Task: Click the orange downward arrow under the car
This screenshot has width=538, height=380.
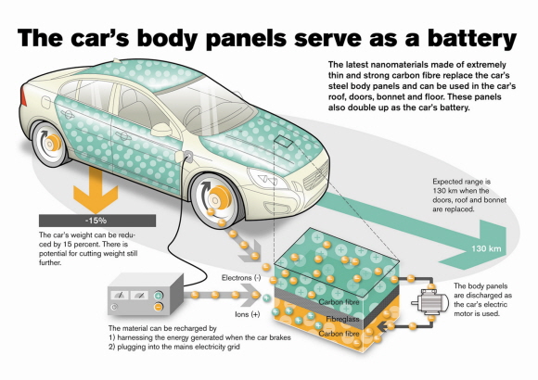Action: point(96,190)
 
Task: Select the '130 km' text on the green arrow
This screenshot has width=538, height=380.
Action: point(486,248)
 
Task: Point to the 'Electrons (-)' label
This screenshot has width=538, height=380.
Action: point(241,278)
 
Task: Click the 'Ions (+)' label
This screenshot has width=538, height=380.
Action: point(248,314)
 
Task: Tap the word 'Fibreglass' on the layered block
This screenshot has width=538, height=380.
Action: point(343,319)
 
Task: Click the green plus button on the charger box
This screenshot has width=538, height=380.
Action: point(159,296)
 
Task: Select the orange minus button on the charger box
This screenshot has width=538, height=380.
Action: point(159,307)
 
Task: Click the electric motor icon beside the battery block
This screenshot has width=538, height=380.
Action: point(430,302)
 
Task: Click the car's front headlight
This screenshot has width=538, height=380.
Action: point(268,178)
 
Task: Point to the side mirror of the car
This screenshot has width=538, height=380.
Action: point(161,130)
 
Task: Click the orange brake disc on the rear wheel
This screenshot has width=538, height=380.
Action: point(53,143)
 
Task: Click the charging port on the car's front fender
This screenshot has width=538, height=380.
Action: point(188,157)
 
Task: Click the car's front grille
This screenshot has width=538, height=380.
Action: point(316,174)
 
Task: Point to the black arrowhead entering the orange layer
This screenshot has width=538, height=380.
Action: point(381,326)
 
